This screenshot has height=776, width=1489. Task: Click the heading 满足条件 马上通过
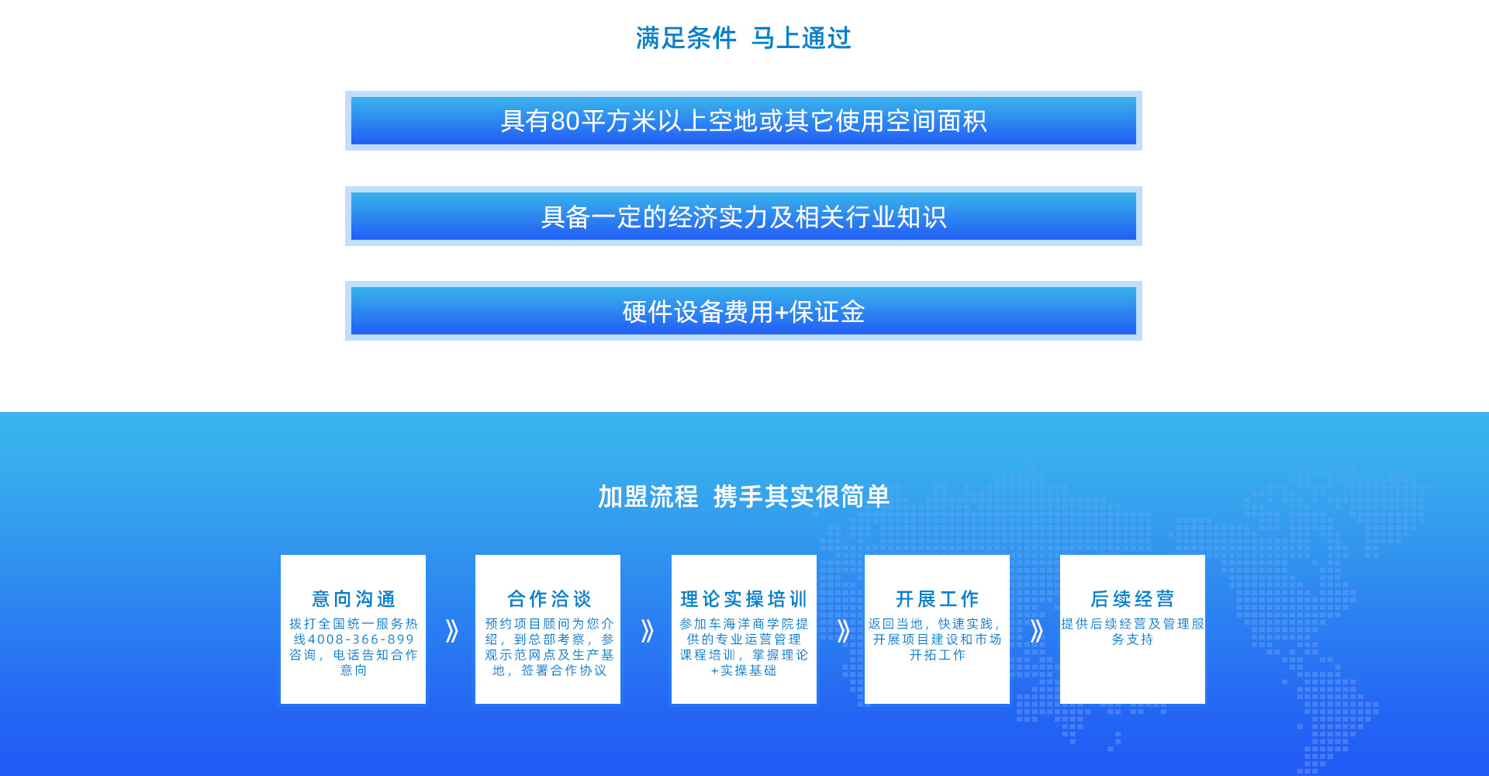pyautogui.click(x=744, y=38)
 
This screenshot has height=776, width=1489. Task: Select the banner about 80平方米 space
pyautogui.click(x=744, y=121)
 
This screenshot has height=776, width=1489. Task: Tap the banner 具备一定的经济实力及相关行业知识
pyautogui.click(x=744, y=217)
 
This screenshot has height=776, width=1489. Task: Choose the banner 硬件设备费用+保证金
pyautogui.click(x=744, y=311)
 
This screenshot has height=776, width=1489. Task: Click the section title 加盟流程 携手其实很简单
pyautogui.click(x=744, y=497)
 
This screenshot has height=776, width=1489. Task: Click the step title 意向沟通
pyautogui.click(x=354, y=599)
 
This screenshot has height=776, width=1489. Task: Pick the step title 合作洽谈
pyautogui.click(x=549, y=599)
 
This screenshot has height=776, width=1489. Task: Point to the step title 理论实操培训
pyautogui.click(x=744, y=599)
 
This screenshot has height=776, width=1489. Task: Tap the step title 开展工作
pyautogui.click(x=937, y=599)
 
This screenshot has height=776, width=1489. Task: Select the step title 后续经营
pyautogui.click(x=1132, y=599)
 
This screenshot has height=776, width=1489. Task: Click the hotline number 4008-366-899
pyautogui.click(x=361, y=639)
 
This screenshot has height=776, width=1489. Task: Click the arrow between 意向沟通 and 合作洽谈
pyautogui.click(x=452, y=631)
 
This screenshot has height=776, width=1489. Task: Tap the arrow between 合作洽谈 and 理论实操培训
pyautogui.click(x=648, y=631)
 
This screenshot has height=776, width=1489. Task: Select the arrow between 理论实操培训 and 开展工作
pyautogui.click(x=844, y=631)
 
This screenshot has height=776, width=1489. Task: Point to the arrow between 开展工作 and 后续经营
pyautogui.click(x=1037, y=631)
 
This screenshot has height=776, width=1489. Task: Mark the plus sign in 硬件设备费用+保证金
pyautogui.click(x=782, y=313)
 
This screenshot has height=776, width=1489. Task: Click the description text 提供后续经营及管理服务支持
pyautogui.click(x=1132, y=632)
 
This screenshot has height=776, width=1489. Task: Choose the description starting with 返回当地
pyautogui.click(x=937, y=639)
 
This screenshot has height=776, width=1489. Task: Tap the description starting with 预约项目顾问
pyautogui.click(x=549, y=647)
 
